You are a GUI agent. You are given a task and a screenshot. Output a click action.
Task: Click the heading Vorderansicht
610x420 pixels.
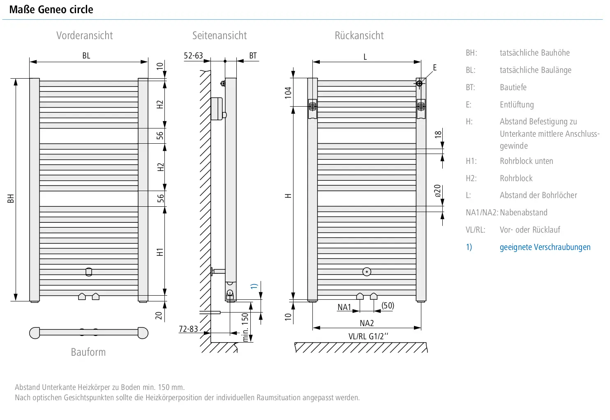coord(84,36)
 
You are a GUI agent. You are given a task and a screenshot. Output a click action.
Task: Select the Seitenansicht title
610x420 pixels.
coord(220,36)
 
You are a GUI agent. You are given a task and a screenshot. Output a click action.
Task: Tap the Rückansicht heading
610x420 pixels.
coord(359,36)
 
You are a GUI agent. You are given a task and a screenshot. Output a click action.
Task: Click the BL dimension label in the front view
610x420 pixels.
coord(86,56)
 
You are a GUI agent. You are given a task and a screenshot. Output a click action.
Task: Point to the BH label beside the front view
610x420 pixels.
coord(11,198)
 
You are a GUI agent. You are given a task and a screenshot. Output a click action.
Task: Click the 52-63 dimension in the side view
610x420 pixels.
coord(193,56)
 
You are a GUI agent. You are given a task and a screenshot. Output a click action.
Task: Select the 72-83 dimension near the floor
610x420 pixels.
coord(188,329)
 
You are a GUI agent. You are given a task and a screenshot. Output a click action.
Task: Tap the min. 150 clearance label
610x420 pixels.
coord(245,327)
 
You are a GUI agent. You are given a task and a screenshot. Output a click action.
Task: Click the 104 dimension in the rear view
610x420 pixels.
coord(288,93)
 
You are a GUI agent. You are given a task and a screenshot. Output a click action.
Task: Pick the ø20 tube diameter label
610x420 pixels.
coord(437,191)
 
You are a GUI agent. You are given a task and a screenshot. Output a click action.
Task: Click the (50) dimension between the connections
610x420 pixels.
coord(388,306)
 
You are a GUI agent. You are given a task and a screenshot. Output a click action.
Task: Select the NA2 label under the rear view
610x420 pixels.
coord(367,323)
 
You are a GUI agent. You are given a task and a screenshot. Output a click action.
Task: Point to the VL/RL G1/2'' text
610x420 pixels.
coord(368,336)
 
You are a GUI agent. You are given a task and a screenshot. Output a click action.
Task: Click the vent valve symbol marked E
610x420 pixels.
coord(419,84)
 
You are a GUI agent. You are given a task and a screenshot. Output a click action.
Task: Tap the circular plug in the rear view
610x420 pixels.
coord(367,272)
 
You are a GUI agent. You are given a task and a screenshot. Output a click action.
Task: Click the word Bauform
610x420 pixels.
coord(88,352)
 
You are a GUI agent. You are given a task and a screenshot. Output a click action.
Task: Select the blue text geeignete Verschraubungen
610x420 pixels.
coord(545,247)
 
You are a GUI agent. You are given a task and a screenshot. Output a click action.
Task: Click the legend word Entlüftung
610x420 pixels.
coord(517,105)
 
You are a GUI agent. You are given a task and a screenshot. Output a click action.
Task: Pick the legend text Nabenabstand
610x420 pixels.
coord(524,212)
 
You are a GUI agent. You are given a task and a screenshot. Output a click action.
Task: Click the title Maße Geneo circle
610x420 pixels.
coord(51,9)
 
